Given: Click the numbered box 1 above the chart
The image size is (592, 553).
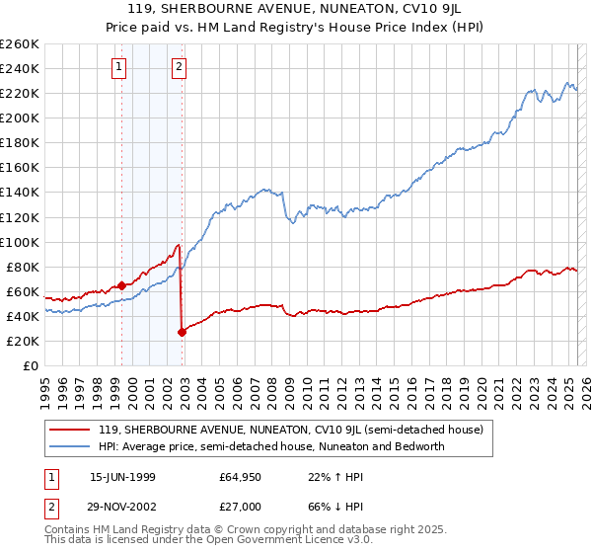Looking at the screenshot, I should point(118,67).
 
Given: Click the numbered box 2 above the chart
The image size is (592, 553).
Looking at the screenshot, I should point(179,67).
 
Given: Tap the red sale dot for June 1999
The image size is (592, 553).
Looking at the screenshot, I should point(121,285).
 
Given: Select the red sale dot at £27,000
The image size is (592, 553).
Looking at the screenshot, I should point(182,332).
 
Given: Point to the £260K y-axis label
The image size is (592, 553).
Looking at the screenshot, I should point(20,44).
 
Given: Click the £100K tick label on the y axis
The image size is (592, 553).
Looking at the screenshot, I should point(20,242).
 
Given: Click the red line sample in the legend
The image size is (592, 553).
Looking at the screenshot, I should point(69,431).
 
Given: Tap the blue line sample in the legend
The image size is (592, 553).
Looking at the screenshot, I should point(69,446).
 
